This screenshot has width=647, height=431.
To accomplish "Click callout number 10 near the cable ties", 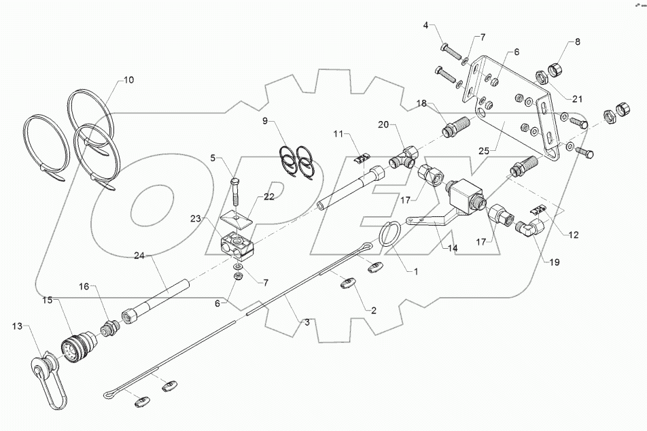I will [x=128, y=80].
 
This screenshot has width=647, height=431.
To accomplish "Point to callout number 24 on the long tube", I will [x=139, y=256].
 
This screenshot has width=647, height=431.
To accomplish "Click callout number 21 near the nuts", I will [x=578, y=98].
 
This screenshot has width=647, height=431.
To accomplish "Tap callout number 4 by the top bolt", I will [x=426, y=27].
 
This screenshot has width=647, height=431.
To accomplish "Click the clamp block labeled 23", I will [x=237, y=243].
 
